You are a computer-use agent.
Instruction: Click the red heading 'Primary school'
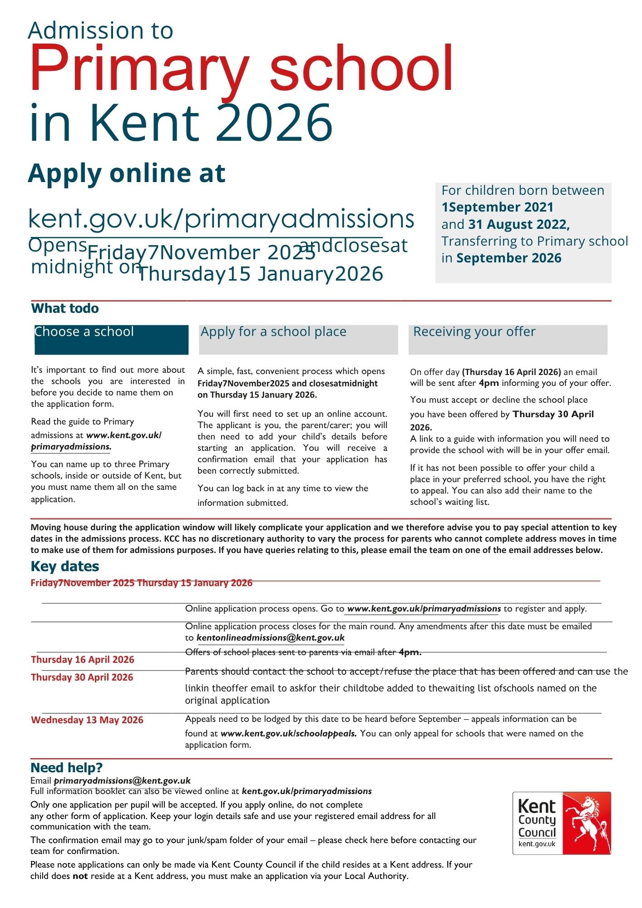pos(241,69)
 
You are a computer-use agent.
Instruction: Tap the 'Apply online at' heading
pos(127,173)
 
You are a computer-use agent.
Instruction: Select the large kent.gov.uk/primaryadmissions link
pos(221,218)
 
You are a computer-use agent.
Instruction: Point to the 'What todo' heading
pos(65,309)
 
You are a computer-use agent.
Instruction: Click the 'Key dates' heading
pos(65,566)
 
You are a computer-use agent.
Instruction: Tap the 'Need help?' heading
pos(66,768)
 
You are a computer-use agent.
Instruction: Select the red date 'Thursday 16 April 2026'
pos(83,660)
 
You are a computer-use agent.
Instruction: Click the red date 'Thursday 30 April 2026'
pos(82,677)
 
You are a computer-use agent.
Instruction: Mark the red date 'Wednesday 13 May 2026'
pos(87,720)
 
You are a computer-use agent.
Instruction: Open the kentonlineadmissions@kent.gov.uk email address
pos(271,638)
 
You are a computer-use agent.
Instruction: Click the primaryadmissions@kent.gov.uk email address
pos(122,781)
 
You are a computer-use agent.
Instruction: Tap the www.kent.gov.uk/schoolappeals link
pos(289,733)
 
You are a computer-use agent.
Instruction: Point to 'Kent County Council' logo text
pos(537,820)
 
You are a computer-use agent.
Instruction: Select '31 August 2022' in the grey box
pos(519,224)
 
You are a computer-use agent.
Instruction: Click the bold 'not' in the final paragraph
pos(80,876)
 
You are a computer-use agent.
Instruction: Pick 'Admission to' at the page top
pos(100,30)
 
